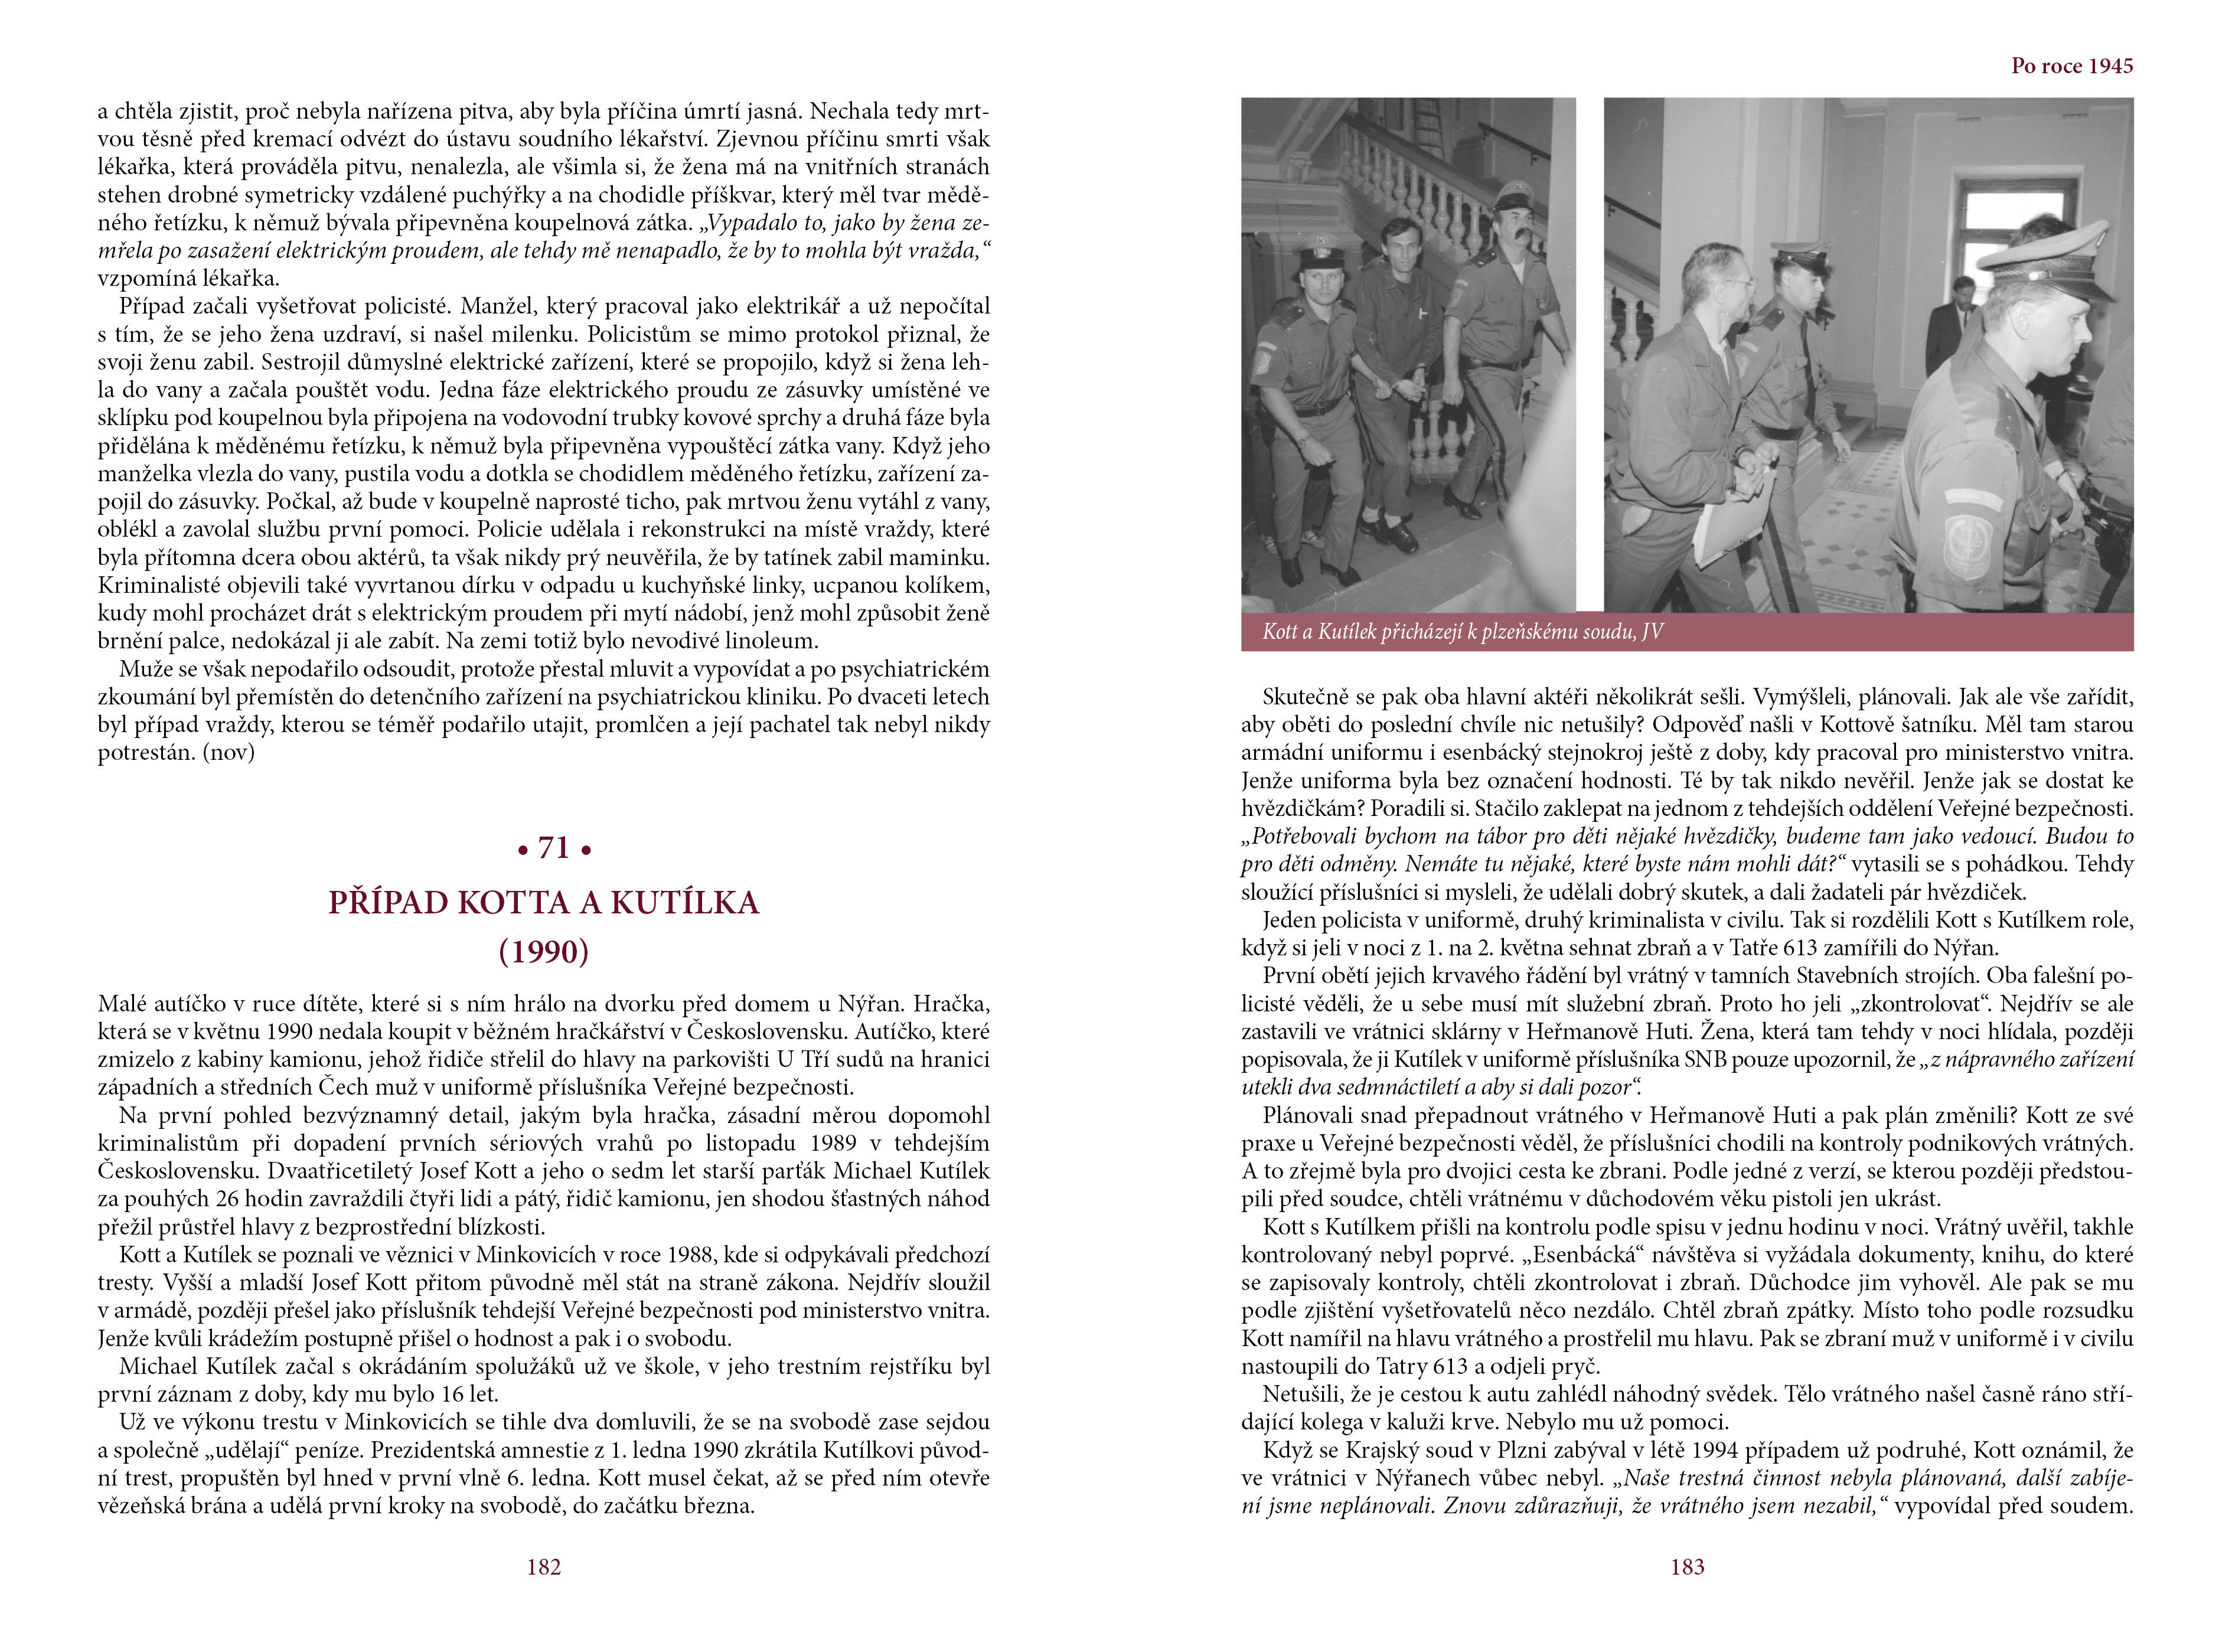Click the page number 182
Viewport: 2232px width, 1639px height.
[544, 1566]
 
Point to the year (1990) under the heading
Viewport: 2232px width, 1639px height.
[544, 952]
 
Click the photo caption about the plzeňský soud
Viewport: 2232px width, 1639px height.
[1462, 632]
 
